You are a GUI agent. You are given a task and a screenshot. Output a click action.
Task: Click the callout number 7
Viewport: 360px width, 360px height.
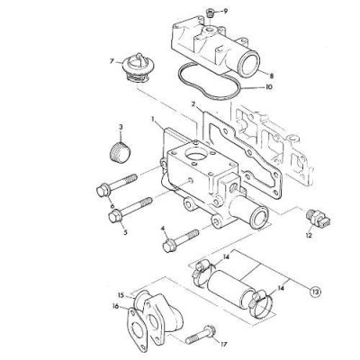point(111,61)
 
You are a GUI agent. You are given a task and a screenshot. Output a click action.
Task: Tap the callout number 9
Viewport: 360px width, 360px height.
point(225,11)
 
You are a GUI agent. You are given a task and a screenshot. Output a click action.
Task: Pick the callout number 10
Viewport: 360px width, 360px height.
point(274,88)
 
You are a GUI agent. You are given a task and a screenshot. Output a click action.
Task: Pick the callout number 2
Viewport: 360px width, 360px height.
point(193,107)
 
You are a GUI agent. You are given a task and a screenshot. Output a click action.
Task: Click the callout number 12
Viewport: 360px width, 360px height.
point(308,238)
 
